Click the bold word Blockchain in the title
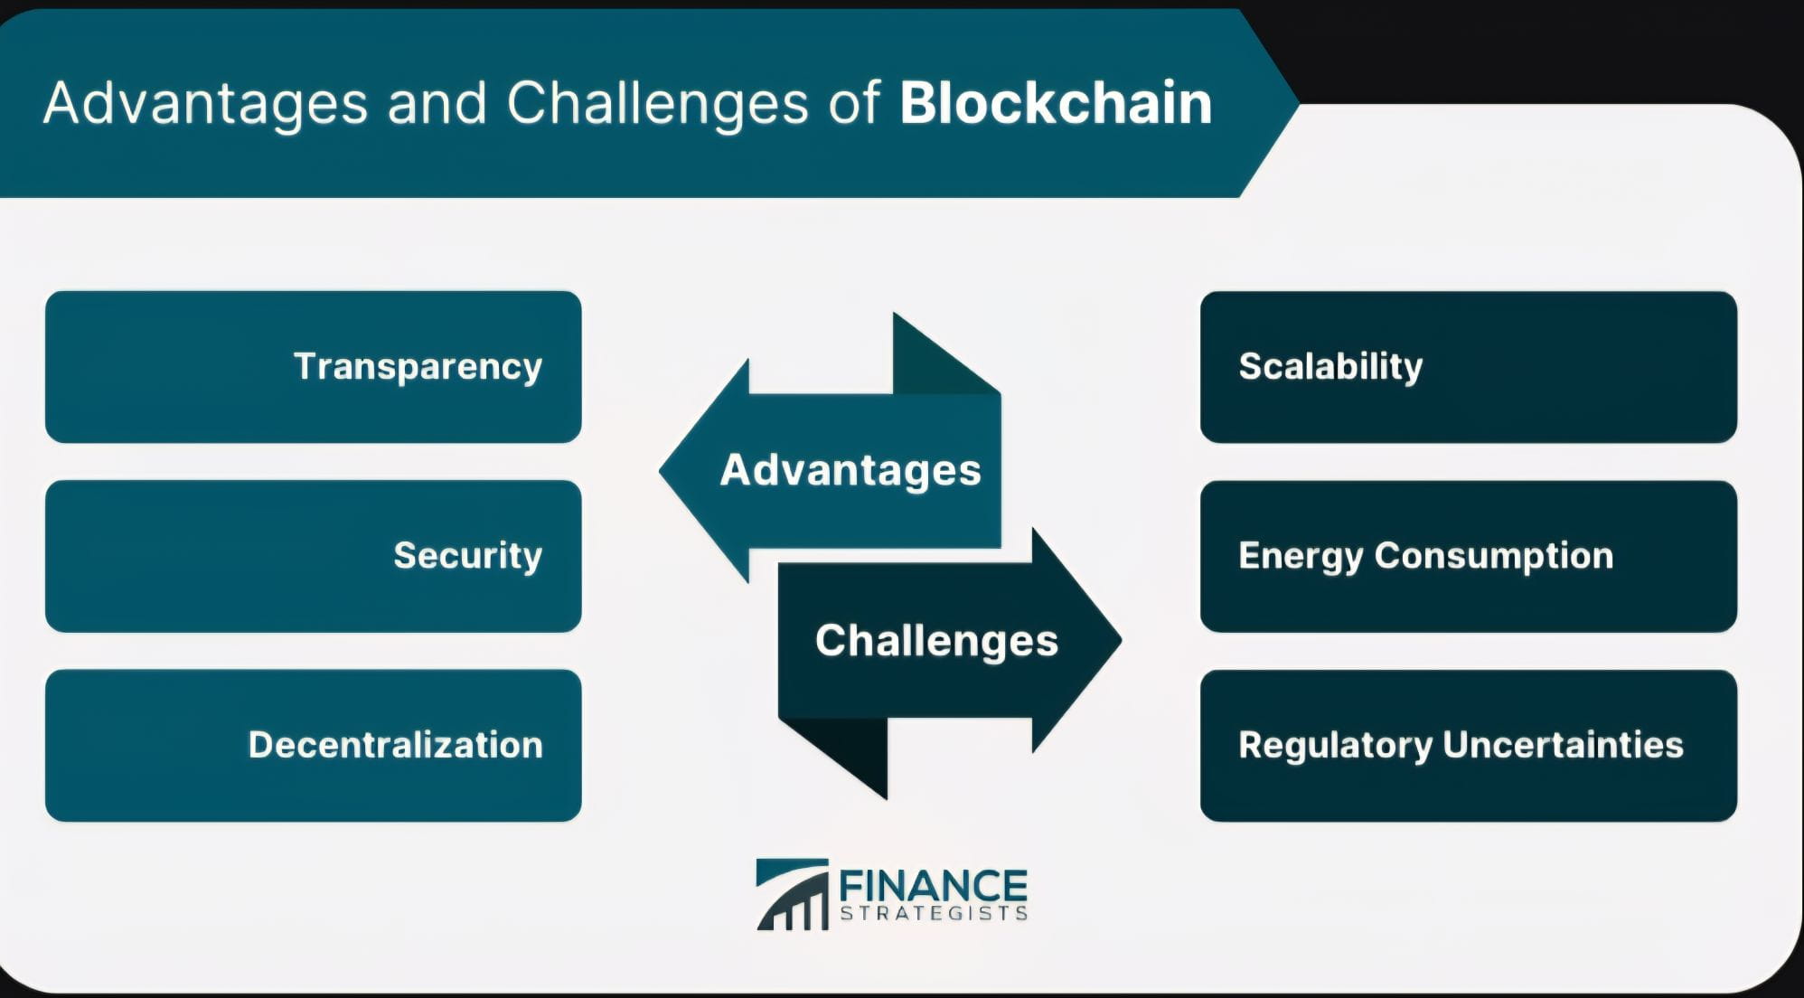coord(1055,103)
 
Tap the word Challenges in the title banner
coord(657,105)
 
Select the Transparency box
coord(313,367)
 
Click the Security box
coord(313,556)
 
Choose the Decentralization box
coord(313,746)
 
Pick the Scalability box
coord(1468,367)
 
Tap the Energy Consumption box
coord(1468,556)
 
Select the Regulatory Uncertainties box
coord(1468,746)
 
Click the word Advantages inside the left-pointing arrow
coord(850,470)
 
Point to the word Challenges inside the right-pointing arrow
coord(936,641)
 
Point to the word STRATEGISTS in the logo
coord(933,913)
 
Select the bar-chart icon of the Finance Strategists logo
coord(793,895)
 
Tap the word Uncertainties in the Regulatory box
coord(1563,746)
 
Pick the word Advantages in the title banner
coord(205,103)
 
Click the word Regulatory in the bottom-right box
coord(1334,746)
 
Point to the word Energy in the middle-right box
coord(1300,556)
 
